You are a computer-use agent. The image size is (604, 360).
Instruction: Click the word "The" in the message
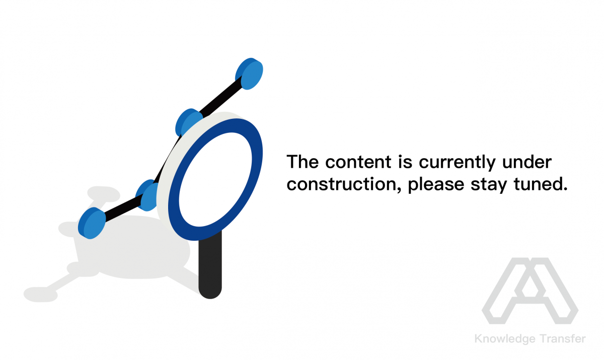click(303, 162)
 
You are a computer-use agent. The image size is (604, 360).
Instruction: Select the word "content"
click(358, 162)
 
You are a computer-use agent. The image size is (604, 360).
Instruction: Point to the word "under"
click(527, 162)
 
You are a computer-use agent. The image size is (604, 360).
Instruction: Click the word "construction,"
click(344, 185)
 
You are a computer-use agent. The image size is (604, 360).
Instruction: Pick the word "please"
click(436, 185)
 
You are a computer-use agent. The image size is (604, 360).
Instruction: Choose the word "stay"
click(489, 185)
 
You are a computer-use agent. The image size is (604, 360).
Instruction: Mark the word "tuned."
click(541, 184)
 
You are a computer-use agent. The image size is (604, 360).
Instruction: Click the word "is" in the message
click(405, 162)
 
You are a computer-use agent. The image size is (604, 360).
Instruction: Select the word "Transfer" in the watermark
click(563, 339)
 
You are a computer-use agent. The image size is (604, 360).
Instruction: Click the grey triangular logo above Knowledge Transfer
click(530, 291)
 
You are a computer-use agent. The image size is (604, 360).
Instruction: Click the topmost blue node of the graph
click(249, 74)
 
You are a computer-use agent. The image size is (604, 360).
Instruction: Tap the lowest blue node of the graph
click(92, 223)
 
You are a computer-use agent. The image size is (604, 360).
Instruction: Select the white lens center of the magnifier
click(215, 180)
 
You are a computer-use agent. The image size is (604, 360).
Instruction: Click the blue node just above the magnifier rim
click(189, 122)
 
